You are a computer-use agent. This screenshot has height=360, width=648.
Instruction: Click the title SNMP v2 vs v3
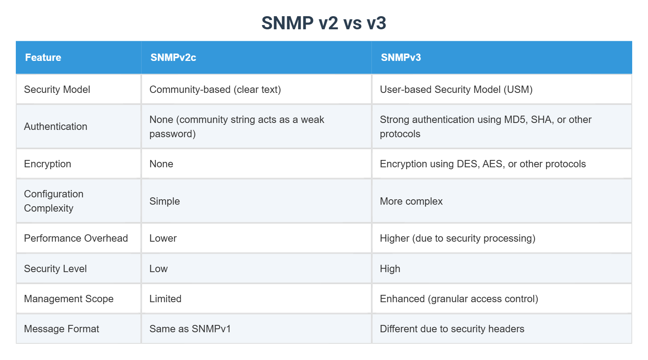click(x=324, y=23)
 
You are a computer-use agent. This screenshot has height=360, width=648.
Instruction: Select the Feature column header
click(x=43, y=57)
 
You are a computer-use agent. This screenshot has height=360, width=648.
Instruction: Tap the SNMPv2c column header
click(x=173, y=57)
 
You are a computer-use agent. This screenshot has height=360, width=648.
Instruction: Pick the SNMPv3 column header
click(x=401, y=57)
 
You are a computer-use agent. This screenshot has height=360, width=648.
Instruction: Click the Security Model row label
click(x=57, y=89)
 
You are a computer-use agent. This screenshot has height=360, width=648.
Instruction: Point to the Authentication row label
click(x=56, y=126)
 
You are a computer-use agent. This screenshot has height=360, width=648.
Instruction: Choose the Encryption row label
click(x=47, y=164)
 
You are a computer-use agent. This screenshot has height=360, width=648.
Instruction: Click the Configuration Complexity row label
click(x=54, y=201)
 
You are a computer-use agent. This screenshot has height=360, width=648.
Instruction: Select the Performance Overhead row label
click(x=76, y=238)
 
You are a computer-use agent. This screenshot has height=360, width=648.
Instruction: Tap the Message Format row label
click(x=62, y=329)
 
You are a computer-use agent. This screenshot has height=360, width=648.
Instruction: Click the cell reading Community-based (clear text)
click(x=215, y=89)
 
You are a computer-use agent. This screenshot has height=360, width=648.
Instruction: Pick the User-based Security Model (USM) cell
click(x=456, y=89)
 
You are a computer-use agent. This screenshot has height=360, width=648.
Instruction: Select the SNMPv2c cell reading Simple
click(x=165, y=201)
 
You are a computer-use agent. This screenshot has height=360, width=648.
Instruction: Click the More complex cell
click(x=411, y=201)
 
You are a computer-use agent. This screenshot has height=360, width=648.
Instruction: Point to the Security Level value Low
click(x=159, y=269)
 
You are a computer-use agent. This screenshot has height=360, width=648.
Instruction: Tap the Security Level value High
click(x=390, y=269)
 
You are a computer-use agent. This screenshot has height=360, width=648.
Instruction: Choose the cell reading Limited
click(x=165, y=299)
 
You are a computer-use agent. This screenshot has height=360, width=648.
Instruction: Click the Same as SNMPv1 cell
click(x=190, y=329)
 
